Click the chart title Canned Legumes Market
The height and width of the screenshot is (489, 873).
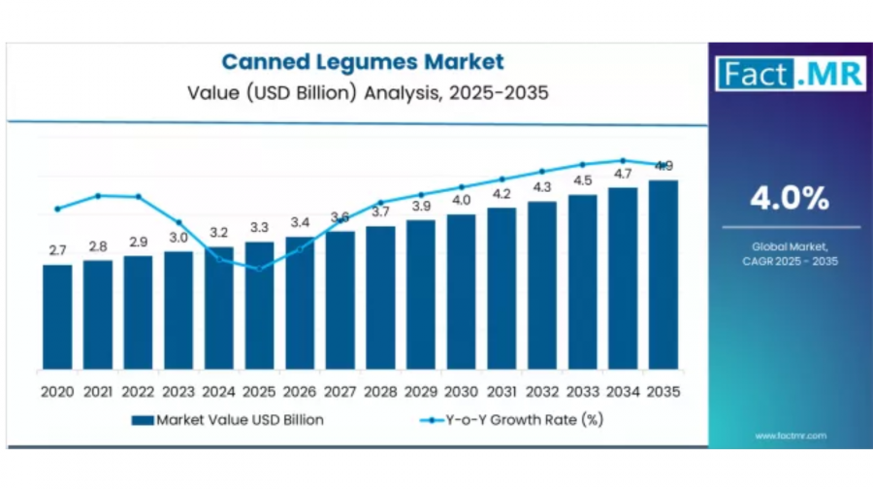pos(363,62)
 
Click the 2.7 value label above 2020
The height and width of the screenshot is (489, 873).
pos(57,251)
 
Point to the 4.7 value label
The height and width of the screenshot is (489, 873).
pos(623,174)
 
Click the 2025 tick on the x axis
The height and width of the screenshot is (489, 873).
pos(259,392)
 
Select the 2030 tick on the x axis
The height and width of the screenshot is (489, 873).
pos(462,392)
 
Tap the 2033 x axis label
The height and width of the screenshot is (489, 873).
pos(583,392)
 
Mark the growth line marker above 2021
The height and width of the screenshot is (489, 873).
pos(98,196)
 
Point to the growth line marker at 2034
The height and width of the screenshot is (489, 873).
pos(623,160)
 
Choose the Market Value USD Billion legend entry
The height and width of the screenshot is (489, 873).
pos(227,420)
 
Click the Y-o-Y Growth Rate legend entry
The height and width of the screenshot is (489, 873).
pos(513,420)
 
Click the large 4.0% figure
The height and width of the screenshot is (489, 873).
pos(790,199)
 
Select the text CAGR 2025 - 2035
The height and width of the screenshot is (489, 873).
pos(790,261)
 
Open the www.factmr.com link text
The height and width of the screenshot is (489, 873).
pos(790,436)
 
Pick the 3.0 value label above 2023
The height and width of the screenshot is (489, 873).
pos(178,238)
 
